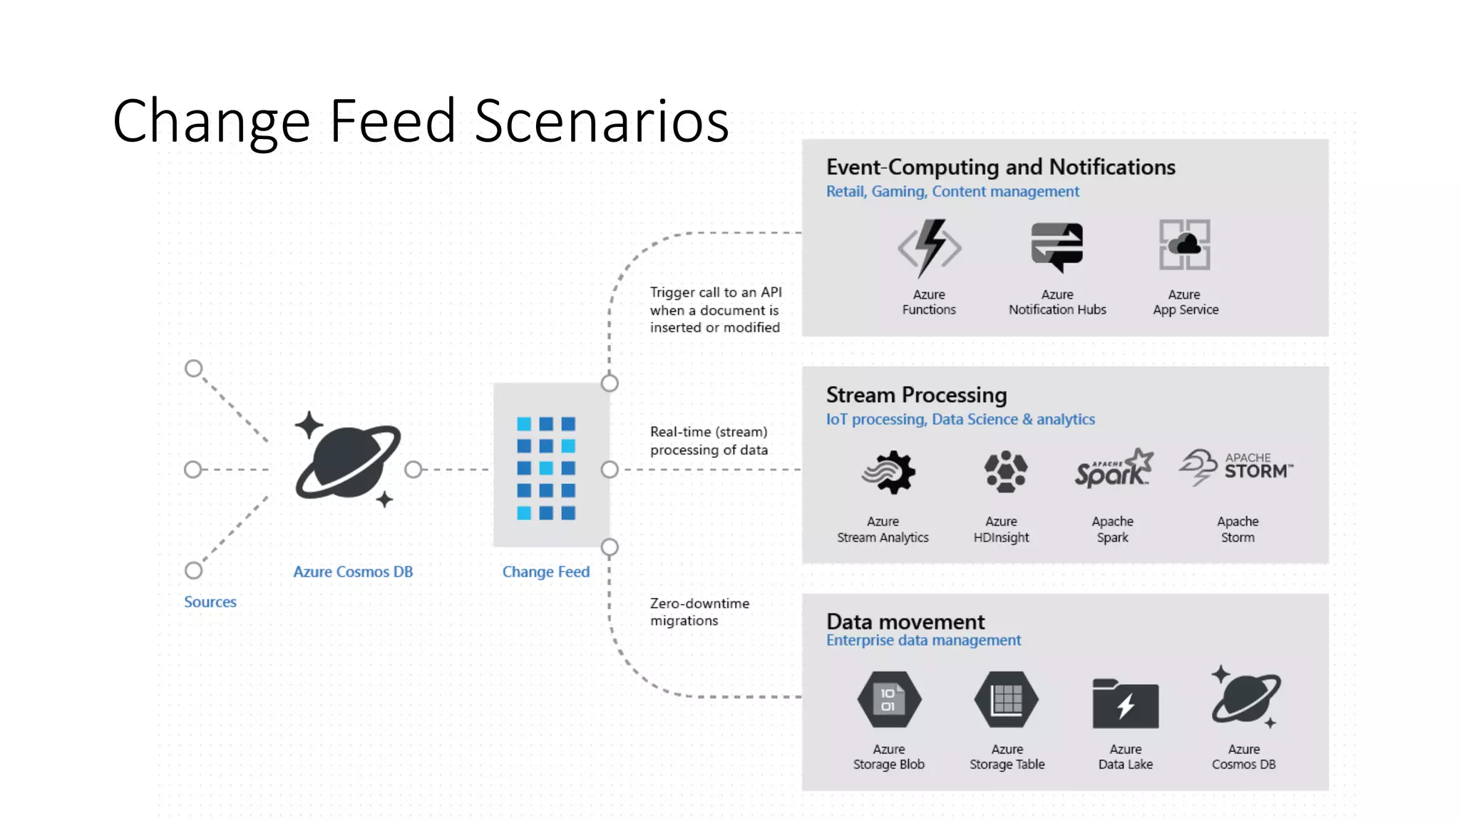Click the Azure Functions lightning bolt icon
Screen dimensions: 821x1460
(930, 247)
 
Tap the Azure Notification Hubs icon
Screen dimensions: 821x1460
(1057, 247)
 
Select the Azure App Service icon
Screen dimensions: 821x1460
(1184, 244)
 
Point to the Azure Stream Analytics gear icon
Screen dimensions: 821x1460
(888, 472)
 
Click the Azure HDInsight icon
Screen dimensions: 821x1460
(1005, 471)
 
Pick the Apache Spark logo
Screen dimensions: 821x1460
(1114, 470)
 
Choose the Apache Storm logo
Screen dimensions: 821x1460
(1237, 468)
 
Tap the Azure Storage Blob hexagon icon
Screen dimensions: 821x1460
(889, 699)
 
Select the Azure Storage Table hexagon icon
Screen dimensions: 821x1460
(1007, 699)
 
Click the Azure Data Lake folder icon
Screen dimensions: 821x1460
(1125, 703)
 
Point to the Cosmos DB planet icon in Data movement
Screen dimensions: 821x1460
(1245, 697)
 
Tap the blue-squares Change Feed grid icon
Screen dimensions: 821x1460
(546, 468)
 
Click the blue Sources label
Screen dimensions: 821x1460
(210, 601)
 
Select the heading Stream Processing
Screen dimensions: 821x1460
(916, 395)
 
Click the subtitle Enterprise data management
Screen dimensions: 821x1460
(923, 640)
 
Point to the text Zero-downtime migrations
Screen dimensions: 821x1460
(699, 611)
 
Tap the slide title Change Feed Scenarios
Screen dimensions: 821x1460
(421, 120)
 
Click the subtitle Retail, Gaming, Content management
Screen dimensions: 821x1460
(952, 191)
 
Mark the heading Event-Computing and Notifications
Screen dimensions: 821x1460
(1000, 167)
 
